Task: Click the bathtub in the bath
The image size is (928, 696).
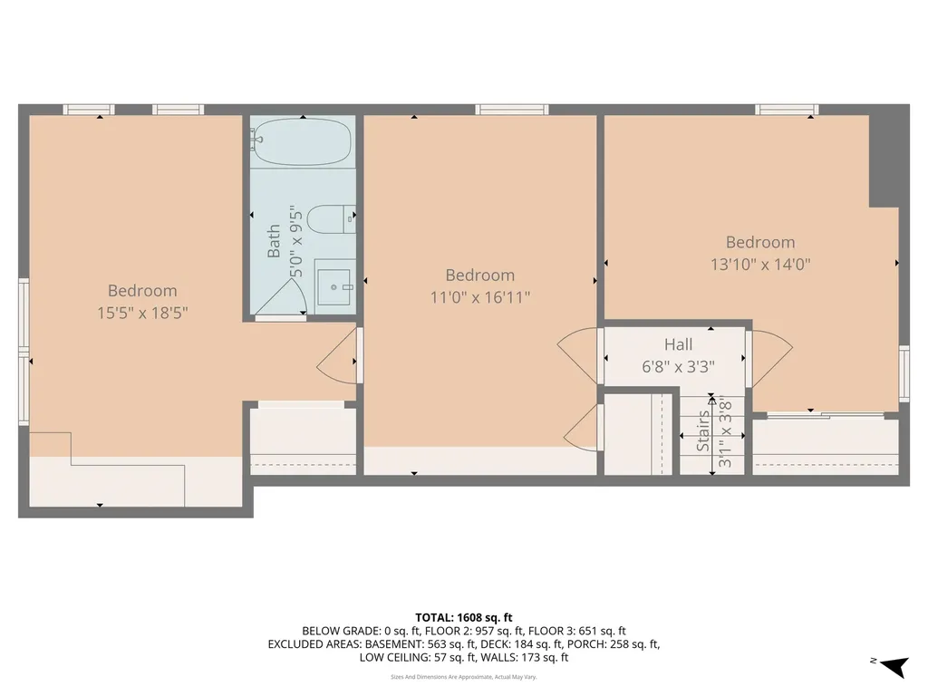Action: click(302, 145)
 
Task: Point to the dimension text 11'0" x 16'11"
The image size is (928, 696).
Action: click(479, 296)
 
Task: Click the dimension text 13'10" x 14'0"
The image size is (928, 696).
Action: click(759, 265)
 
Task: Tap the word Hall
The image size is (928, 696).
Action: click(678, 344)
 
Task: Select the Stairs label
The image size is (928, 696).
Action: click(704, 431)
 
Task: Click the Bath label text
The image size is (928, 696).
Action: click(274, 242)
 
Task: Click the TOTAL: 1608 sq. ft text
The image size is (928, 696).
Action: click(463, 617)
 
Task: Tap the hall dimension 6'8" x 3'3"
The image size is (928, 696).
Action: click(678, 368)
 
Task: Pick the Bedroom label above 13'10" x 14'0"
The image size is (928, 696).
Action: click(759, 242)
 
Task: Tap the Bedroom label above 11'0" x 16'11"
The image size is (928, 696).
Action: click(479, 275)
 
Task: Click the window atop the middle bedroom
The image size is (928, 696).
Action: click(512, 110)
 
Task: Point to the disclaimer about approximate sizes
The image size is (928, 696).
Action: click(463, 676)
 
